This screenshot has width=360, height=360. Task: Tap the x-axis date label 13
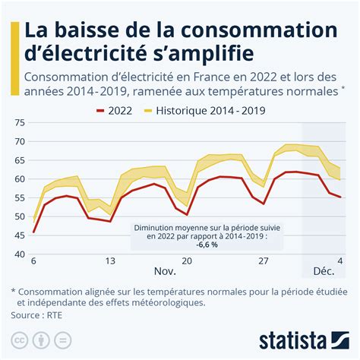(x=111, y=261)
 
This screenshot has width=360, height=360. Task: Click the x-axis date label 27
(x=264, y=261)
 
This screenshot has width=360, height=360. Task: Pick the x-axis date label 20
(x=188, y=261)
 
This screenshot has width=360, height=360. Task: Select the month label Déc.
(x=324, y=271)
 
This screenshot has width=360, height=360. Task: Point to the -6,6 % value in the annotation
(x=208, y=245)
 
